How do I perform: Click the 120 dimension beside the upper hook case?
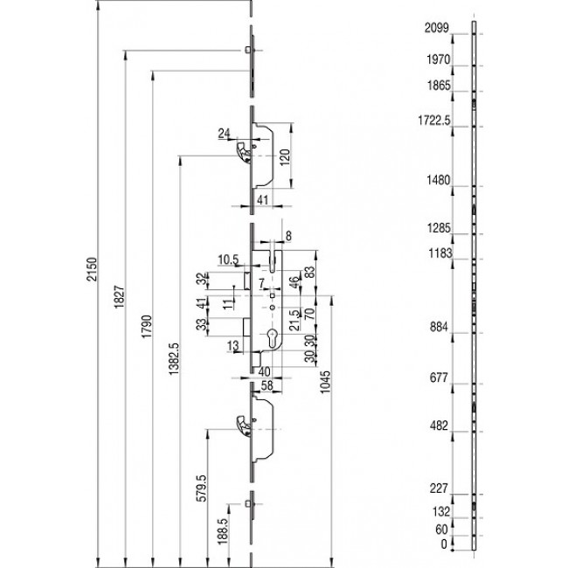284,158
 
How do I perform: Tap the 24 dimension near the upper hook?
224,134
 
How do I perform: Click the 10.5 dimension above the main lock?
228,260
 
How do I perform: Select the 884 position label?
438,328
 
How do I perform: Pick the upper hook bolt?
240,153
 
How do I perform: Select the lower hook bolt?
240,426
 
